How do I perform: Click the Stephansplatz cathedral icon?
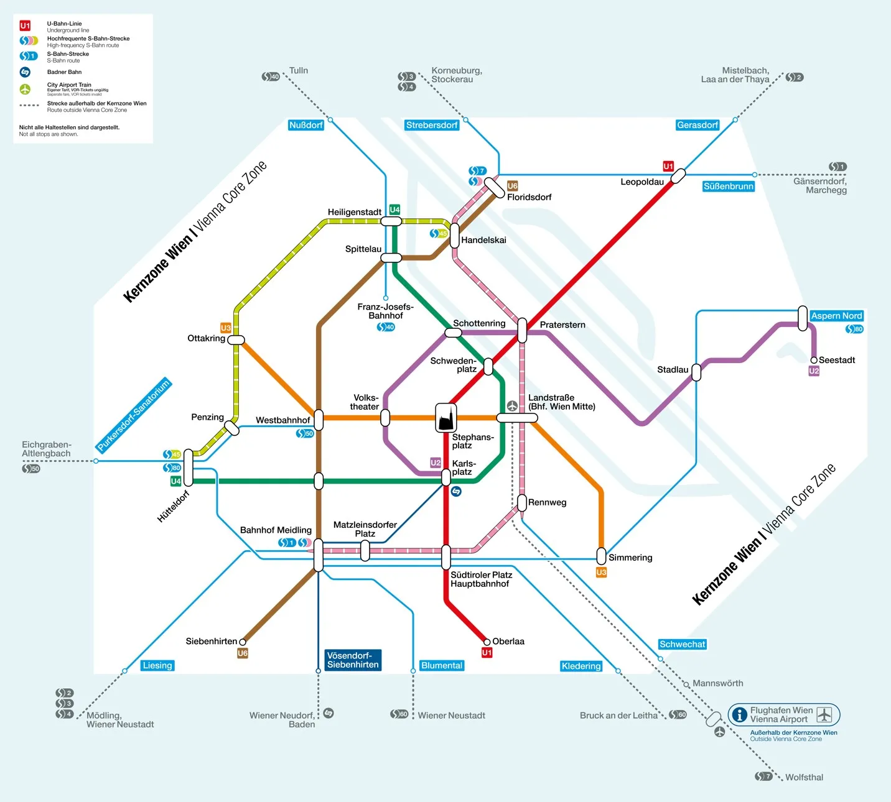[x=445, y=417]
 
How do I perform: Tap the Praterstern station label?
[x=562, y=325]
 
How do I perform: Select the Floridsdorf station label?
[x=529, y=197]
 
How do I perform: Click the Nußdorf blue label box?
[x=306, y=125]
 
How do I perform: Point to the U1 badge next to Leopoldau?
[x=668, y=166]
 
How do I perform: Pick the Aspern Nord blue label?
[x=836, y=316]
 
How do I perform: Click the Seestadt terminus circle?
[x=814, y=360]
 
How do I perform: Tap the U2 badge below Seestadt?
[x=814, y=371]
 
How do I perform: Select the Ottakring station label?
[x=206, y=338]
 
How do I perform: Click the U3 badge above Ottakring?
[x=226, y=328]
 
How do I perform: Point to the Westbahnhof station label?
[x=282, y=420]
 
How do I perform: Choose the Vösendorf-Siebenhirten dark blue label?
[x=353, y=660]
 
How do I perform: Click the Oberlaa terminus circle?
[x=487, y=642]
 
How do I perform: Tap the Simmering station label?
[x=630, y=558]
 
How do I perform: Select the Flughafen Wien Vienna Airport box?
[x=784, y=715]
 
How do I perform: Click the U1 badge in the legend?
[x=25, y=25]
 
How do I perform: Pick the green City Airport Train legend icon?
[x=25, y=89]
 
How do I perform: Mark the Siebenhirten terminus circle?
[x=243, y=642]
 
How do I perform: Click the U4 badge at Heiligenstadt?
[x=394, y=210]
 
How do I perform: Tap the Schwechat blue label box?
[x=683, y=644]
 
